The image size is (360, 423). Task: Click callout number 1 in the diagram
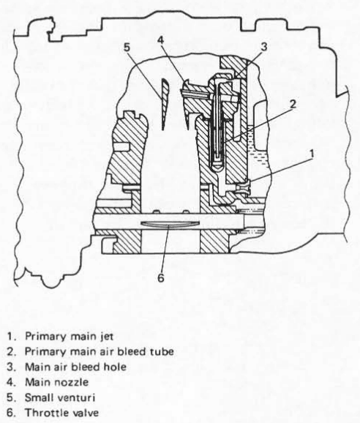tap(312, 154)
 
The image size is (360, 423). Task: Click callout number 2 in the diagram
tap(293, 104)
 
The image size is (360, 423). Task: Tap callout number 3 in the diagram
tap(263, 46)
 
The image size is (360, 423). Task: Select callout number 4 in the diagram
tap(160, 40)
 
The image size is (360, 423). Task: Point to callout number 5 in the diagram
tap(127, 48)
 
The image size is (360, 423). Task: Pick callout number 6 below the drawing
tap(161, 277)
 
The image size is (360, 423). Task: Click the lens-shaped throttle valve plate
tap(170, 224)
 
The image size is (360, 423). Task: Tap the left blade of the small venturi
tap(164, 104)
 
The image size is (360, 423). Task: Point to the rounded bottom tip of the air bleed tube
tap(217, 168)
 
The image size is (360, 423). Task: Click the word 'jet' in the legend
tap(107, 337)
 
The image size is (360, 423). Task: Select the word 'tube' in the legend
tap(161, 352)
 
